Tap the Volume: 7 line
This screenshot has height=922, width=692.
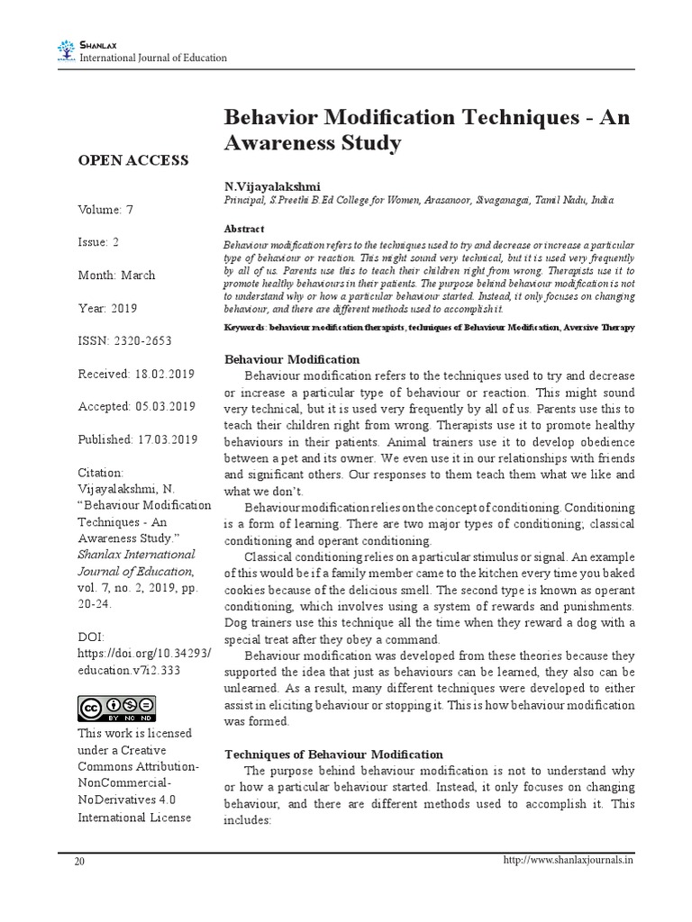pyautogui.click(x=105, y=210)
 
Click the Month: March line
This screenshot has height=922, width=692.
pyautogui.click(x=117, y=276)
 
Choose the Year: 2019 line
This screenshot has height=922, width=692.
pyautogui.click(x=107, y=308)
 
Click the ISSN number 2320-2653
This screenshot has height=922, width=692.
pyautogui.click(x=139, y=341)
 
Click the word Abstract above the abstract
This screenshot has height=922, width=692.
pyautogui.click(x=243, y=230)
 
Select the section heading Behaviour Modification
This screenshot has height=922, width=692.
pyautogui.click(x=291, y=360)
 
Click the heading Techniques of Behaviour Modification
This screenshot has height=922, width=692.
pyautogui.click(x=332, y=754)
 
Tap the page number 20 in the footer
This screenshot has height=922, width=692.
pyautogui.click(x=80, y=862)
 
